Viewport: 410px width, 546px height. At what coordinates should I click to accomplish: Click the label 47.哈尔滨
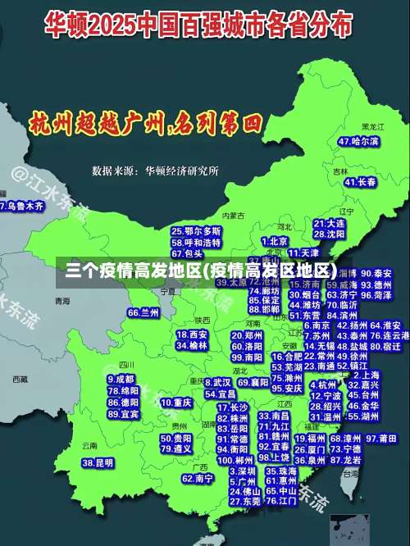point(358,141)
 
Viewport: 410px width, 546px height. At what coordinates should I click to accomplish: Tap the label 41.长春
point(360,181)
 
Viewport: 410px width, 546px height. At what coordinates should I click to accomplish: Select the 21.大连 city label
point(329,222)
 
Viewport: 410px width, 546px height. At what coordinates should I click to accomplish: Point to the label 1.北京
point(275,241)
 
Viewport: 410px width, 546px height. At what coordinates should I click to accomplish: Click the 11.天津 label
point(303,253)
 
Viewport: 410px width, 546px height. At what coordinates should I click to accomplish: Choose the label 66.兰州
point(143,312)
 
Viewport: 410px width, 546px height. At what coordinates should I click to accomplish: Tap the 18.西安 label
point(192,334)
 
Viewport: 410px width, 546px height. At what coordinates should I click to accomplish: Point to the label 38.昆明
point(97,463)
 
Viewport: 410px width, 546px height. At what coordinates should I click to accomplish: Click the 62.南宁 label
point(198,478)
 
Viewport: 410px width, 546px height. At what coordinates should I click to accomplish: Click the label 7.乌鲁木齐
point(22,206)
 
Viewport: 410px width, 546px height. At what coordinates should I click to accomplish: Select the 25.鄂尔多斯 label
point(196,232)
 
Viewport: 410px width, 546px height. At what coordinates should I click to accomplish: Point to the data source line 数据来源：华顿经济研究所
point(155,171)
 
